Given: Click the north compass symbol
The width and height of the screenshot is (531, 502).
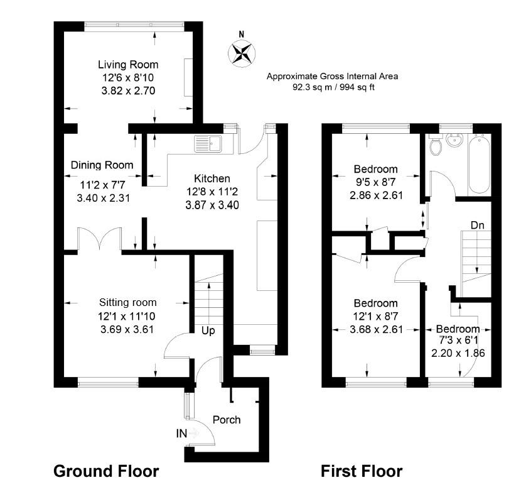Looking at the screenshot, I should pos(240,52).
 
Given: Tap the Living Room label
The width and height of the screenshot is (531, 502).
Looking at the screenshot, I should pos(127,65).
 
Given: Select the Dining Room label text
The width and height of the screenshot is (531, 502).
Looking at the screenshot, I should pos(102,165).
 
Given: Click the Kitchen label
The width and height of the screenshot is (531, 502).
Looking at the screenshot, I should pos(212,178).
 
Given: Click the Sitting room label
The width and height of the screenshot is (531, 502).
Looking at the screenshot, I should pos(127,302).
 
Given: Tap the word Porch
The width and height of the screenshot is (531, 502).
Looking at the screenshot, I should pos(227,419).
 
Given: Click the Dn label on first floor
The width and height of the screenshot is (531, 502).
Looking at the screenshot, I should pos(477,224).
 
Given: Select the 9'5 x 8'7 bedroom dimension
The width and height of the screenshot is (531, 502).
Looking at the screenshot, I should pos(375,182).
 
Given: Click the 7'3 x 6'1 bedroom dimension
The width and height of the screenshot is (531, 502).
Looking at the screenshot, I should pos(458,341).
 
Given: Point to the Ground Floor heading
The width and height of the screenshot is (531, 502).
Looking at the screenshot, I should pos(106,471).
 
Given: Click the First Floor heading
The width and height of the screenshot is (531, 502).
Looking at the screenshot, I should pos(362,471).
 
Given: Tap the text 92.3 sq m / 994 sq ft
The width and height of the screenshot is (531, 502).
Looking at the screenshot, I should pos(333,87).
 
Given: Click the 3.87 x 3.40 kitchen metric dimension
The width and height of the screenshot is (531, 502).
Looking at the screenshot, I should pos(212,204).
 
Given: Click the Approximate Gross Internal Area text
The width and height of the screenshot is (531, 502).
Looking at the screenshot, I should pos(332,76).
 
